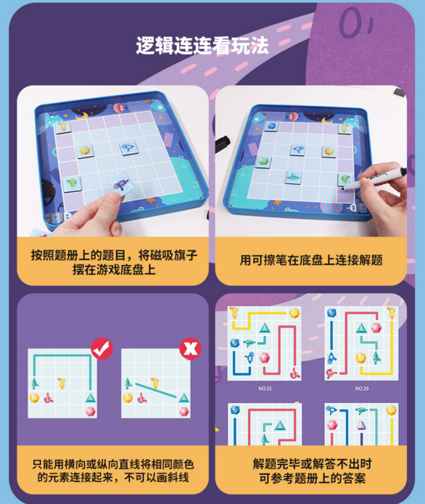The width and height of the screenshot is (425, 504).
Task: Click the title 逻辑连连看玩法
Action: click(x=202, y=46)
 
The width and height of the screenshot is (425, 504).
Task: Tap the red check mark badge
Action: click(x=102, y=349)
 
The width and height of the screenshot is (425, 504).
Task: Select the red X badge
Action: click(x=190, y=349)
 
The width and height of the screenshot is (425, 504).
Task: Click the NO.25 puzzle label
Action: click(x=265, y=389)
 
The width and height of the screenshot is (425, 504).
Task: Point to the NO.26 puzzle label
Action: click(x=362, y=389)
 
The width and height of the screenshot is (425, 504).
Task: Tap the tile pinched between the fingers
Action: click(x=120, y=184)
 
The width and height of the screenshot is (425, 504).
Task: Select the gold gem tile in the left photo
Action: click(x=85, y=150)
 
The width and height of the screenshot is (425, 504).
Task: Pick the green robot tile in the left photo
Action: click(x=72, y=183)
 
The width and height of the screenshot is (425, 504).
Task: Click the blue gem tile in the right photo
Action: click(x=271, y=126)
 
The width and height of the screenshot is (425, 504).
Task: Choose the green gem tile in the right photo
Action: click(x=263, y=161)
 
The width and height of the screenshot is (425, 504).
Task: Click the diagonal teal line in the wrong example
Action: click(x=156, y=390)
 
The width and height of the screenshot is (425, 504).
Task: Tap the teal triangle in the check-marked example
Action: click(x=91, y=398)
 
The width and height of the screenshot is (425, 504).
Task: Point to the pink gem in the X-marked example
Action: click(x=183, y=412)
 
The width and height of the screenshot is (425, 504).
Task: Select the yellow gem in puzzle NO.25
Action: click(x=294, y=313)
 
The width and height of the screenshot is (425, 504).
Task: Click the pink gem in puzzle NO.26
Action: click(x=376, y=328)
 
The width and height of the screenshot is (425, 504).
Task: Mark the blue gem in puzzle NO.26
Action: click(x=331, y=313)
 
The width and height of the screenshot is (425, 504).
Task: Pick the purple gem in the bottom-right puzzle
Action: click(x=362, y=426)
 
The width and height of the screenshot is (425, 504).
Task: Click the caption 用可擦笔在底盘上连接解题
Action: click(x=311, y=260)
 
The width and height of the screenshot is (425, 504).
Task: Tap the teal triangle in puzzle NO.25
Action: click(x=265, y=328)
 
